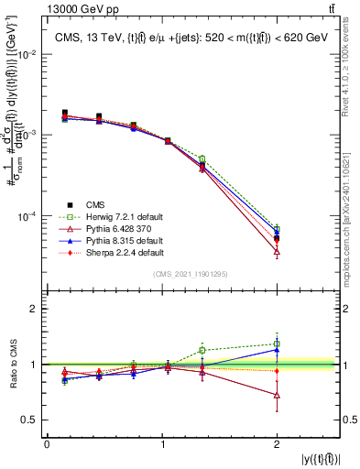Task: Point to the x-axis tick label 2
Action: coord(277,444)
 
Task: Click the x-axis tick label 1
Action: coord(162,444)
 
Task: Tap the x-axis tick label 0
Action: coord(47,444)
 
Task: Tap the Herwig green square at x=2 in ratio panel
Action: coord(277,344)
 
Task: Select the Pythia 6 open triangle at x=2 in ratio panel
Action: coord(277,395)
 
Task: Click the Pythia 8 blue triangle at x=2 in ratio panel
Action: coord(277,349)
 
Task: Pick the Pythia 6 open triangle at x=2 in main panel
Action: coord(277,251)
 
